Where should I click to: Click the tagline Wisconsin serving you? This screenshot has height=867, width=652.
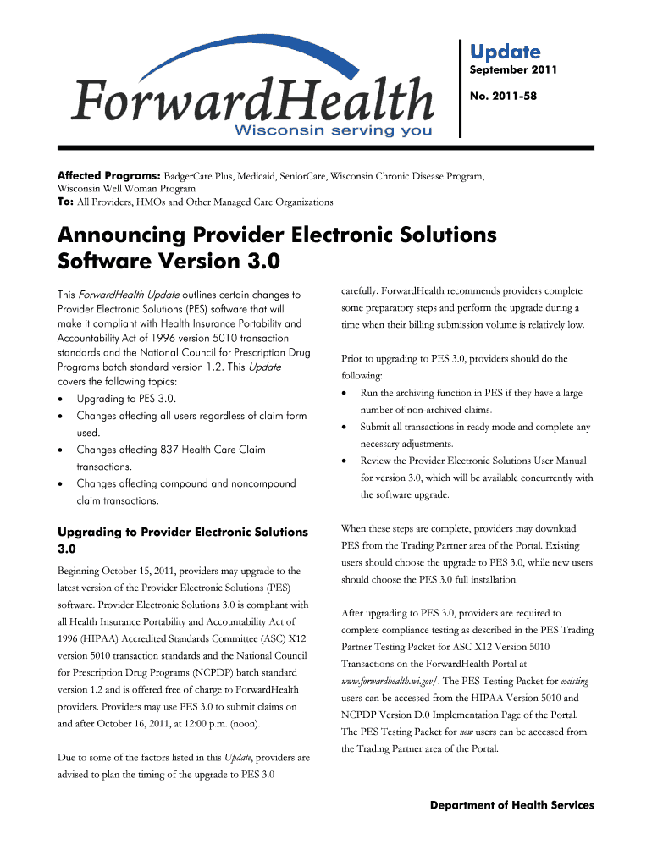point(333,130)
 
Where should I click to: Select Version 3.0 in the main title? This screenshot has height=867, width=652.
point(229,261)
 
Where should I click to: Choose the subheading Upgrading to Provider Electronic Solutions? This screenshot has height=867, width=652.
point(182,532)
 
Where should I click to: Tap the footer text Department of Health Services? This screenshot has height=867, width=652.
point(511,805)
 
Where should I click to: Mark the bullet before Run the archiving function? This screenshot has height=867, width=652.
point(344,394)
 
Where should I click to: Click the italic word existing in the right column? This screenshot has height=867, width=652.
point(575,682)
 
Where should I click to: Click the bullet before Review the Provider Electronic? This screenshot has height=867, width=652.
point(344,461)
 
